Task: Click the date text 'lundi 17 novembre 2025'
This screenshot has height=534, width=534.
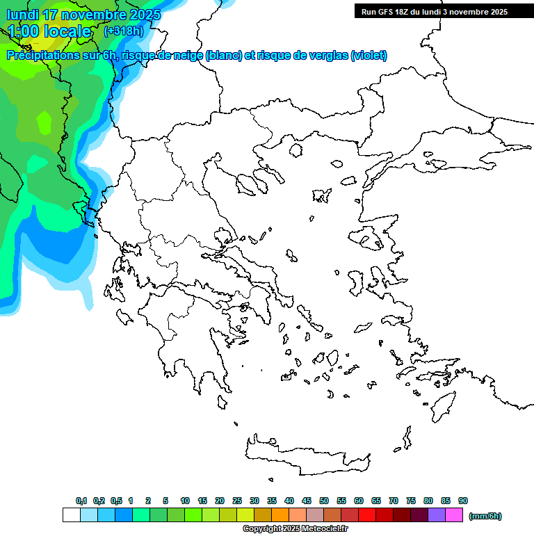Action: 83,15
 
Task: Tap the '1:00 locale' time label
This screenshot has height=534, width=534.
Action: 49,31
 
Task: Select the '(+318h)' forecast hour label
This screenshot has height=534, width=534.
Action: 124,31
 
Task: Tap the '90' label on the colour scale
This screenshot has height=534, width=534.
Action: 462,501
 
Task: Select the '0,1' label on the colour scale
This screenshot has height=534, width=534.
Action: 81,501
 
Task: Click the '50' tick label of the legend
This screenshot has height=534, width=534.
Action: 324,501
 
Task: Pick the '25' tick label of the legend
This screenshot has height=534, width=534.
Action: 237,501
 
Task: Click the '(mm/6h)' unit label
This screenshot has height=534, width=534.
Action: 485,516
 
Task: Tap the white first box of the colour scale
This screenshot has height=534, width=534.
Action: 71,515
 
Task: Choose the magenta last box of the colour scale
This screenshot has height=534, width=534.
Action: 454,515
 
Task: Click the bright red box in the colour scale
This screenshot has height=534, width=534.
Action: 367,515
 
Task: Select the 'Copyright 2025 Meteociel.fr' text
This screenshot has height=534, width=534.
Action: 295,529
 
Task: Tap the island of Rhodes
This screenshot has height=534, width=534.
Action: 442,405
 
